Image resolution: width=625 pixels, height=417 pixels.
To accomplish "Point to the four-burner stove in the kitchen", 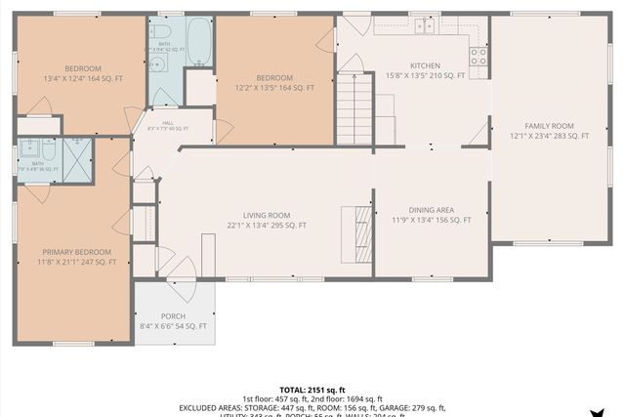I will point(479,58).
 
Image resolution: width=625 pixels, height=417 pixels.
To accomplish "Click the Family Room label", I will point(549,126).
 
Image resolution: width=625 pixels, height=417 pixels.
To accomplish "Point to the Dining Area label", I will point(431,209).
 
